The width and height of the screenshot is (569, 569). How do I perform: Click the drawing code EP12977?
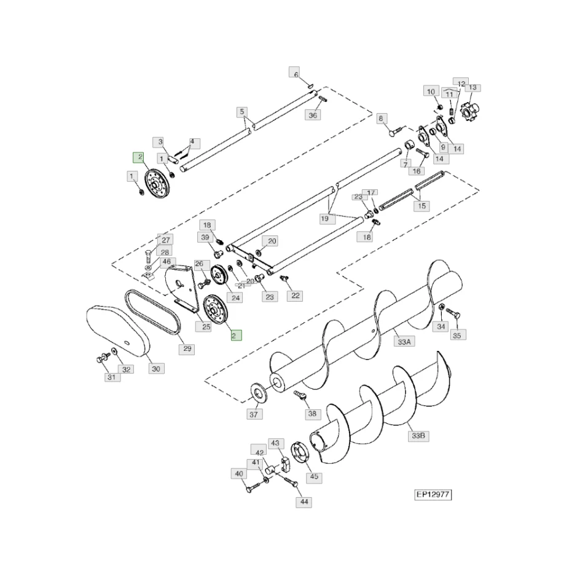(433, 493)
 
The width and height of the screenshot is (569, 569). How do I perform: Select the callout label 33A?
(404, 342)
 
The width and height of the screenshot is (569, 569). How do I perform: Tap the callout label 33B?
(418, 436)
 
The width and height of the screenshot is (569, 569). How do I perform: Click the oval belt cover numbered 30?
(117, 331)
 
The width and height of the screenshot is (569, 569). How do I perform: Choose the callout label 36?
(313, 115)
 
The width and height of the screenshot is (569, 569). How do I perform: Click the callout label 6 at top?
(295, 74)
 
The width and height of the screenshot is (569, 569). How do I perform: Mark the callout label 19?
(324, 218)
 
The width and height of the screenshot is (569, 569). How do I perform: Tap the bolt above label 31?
(101, 358)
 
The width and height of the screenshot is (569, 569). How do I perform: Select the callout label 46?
(166, 261)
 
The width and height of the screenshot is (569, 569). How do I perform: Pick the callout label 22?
(296, 296)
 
